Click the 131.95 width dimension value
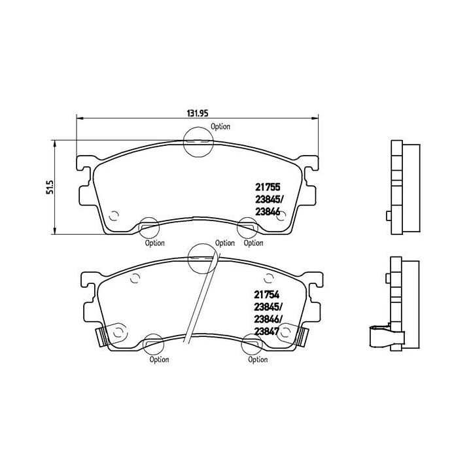pyautogui.click(x=194, y=113)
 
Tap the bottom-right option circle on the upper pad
pyautogui.click(x=247, y=228)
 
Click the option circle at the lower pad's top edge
pyautogui.click(x=201, y=257)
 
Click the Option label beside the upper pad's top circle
pyautogui.click(x=220, y=127)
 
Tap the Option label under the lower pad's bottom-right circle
pyautogui.click(x=258, y=359)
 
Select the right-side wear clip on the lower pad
pyautogui.click(x=302, y=338)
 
